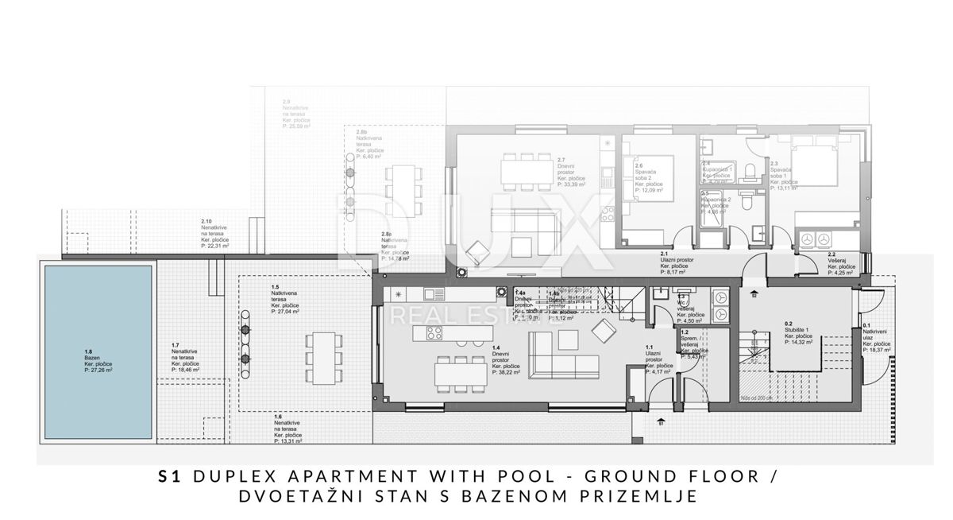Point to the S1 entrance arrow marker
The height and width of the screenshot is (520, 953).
pos(661,420)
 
